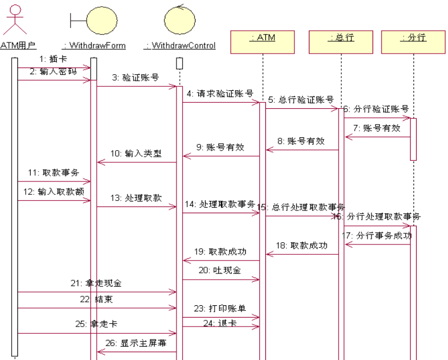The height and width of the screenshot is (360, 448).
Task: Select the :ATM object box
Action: [262, 40]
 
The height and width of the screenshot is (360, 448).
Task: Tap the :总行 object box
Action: [340, 40]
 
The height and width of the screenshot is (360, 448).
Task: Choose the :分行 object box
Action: [413, 40]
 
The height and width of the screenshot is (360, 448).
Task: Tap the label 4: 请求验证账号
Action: [220, 93]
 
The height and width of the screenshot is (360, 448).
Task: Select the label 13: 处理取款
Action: [136, 198]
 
